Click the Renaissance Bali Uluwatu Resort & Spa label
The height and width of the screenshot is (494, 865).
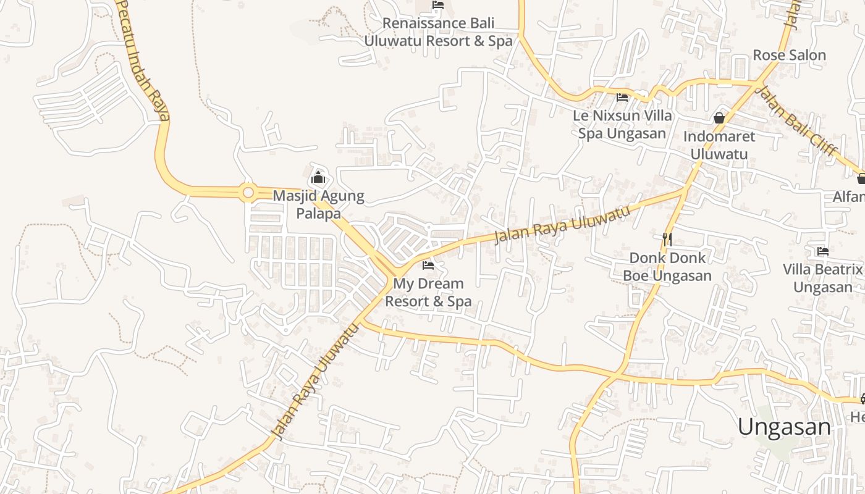click(x=438, y=32)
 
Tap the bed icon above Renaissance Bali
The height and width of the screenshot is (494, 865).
click(x=438, y=5)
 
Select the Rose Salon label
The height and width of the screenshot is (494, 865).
click(x=789, y=55)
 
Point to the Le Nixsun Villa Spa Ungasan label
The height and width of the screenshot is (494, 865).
click(x=622, y=124)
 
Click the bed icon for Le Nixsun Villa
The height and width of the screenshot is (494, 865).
click(x=622, y=97)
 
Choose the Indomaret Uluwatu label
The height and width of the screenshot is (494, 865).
click(x=719, y=145)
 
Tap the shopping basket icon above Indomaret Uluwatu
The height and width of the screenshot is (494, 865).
click(x=719, y=117)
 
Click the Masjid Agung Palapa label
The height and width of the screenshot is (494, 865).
click(x=318, y=204)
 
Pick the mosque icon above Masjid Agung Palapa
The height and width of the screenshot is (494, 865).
click(x=318, y=178)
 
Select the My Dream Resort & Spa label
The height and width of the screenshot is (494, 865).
click(x=428, y=293)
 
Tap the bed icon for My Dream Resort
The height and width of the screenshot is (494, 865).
click(x=428, y=266)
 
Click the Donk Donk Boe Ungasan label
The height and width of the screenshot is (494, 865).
click(x=667, y=266)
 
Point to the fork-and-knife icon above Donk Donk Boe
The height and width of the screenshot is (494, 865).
click(x=667, y=239)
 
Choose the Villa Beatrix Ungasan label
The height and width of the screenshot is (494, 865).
click(x=822, y=278)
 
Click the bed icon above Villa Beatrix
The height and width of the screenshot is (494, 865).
click(x=822, y=251)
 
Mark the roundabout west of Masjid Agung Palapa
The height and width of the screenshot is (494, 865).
click(x=248, y=193)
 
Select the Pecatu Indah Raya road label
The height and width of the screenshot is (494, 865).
click(x=143, y=59)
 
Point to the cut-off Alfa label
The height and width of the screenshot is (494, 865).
click(x=849, y=196)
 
